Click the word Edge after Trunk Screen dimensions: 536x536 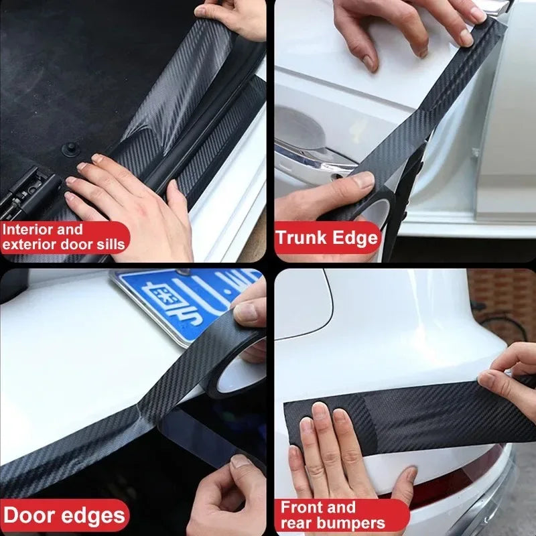coord(358,238)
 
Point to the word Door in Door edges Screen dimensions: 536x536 coord(29,516)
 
